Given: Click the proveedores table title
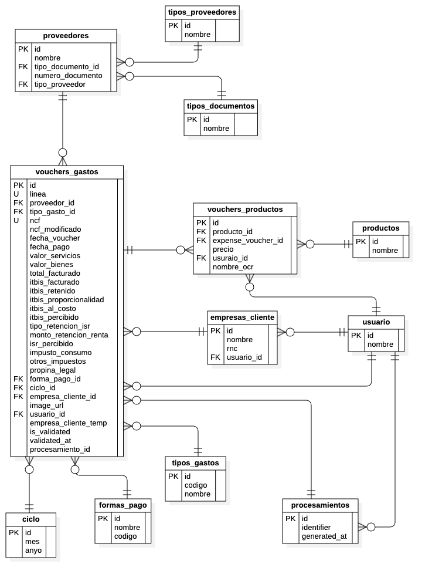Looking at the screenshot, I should click(66, 36).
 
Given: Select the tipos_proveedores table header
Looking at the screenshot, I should click(202, 12).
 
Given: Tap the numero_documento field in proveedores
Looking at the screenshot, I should click(68, 76).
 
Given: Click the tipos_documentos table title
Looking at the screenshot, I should click(220, 106).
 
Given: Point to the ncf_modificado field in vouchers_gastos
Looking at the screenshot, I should click(55, 229).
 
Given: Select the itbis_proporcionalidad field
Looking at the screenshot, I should click(66, 300).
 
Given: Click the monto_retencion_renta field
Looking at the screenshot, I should click(69, 335).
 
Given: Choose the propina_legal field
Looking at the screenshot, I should click(53, 370).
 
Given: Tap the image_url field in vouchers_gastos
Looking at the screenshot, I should click(46, 406).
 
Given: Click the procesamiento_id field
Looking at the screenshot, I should click(60, 450).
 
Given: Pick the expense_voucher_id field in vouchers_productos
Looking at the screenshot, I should click(247, 241).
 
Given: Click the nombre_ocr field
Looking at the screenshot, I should click(233, 267).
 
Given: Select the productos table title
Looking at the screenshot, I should click(380, 228).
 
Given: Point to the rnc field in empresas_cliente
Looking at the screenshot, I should click(232, 349).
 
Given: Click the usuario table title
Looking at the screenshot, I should click(376, 322).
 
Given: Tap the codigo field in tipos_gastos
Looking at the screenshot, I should click(196, 485).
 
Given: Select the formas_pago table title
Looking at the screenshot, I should click(123, 505).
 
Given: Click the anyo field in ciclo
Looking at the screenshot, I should click(33, 550).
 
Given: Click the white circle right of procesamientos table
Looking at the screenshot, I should click(370, 527).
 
